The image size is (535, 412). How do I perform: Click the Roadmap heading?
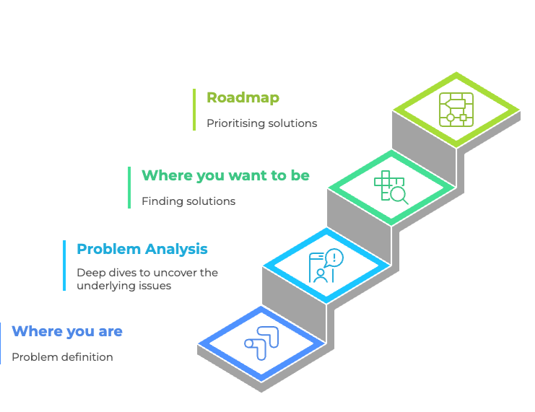[x=243, y=97]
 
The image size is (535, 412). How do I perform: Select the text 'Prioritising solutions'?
[x=261, y=123]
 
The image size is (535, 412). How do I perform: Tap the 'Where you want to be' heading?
[x=225, y=175]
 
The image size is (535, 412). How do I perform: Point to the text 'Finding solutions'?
[x=188, y=201]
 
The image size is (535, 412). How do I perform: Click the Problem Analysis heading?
[x=142, y=249]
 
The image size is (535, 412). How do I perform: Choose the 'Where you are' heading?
[x=67, y=331]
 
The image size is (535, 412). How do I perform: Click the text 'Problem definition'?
[x=62, y=357]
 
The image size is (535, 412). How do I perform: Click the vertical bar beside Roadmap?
[x=194, y=110]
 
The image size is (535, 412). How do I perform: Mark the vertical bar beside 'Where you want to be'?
[x=129, y=188]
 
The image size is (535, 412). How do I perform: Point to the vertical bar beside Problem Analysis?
[x=64, y=266]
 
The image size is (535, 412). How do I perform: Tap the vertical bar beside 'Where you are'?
[x=1, y=343]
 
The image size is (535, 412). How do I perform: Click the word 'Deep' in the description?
[x=90, y=273]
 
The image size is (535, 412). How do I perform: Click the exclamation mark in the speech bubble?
[x=334, y=257]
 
